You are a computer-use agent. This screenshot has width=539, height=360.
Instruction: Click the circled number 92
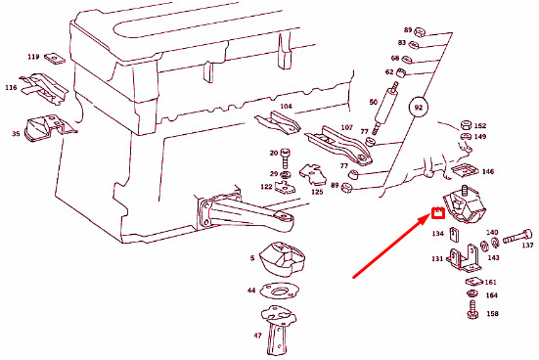tap(418, 108)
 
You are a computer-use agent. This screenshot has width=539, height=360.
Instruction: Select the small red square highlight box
tap(438, 213)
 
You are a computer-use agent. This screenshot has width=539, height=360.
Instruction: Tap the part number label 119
tap(33, 57)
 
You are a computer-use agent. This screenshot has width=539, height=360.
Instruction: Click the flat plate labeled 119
tap(55, 59)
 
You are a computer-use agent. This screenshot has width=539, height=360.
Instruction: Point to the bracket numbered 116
tap(43, 88)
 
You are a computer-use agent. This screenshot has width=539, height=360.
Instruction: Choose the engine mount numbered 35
tap(48, 128)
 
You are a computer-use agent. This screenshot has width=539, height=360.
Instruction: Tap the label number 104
tap(286, 107)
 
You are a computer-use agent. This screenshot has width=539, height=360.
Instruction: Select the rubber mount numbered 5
tap(282, 259)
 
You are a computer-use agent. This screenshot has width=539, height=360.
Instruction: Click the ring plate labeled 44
tap(278, 291)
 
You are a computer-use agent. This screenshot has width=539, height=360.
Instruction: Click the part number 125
tap(317, 192)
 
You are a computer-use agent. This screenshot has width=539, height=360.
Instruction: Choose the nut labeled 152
tap(466, 124)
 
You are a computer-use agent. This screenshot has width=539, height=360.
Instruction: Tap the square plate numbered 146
tap(465, 170)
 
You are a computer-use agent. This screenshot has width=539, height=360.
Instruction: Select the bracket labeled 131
tap(464, 258)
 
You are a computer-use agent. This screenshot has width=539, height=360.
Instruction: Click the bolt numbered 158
tap(472, 310)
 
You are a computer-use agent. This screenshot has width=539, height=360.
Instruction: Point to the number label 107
tap(346, 127)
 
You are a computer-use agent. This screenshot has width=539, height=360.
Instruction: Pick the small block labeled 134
tap(455, 234)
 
